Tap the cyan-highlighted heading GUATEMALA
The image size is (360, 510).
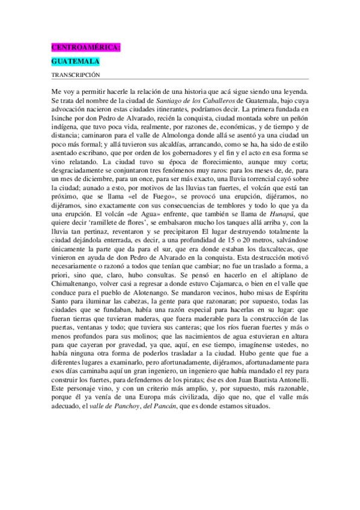click(x=75, y=61)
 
